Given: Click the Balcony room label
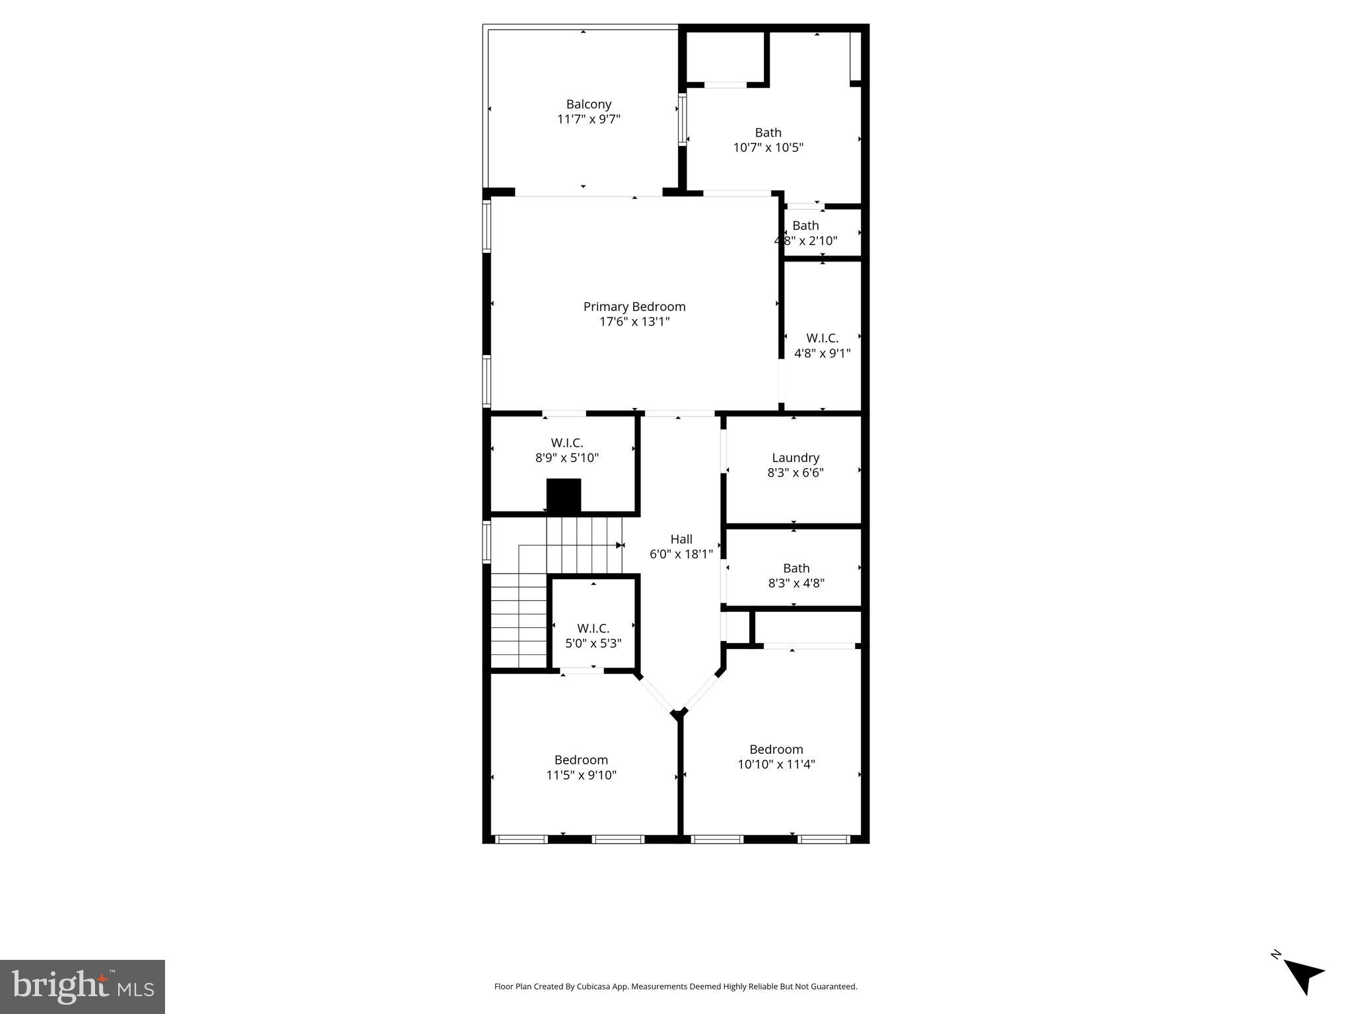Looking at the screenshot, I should pos(588,104).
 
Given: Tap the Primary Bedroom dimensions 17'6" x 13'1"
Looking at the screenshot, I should pos(634,322).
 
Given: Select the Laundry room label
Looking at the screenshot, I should pos(795,457).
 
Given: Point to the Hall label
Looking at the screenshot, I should pos(681,539).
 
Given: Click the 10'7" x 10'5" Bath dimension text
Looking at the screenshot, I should pos(768,147).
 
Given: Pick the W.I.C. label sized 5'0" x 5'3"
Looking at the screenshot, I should pos(593,628).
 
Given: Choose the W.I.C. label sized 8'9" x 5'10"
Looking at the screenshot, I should pos(567,443).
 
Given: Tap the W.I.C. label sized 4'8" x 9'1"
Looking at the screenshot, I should pos(822,338).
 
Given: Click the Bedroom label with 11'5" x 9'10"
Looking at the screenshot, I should pos(581,760).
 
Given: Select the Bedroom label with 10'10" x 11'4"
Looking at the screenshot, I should pos(776,749).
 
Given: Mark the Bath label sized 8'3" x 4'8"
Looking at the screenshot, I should pos(796,568).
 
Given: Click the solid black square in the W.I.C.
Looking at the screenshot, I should pos(564,496).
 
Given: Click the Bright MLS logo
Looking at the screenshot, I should pos(83,987).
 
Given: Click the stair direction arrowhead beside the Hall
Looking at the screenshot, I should pos(620,545).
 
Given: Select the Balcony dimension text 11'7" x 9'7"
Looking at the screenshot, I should pos(589,119).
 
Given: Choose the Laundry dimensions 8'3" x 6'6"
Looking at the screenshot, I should pos(795,473).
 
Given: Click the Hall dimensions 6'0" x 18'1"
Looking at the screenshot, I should pos(681,555).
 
